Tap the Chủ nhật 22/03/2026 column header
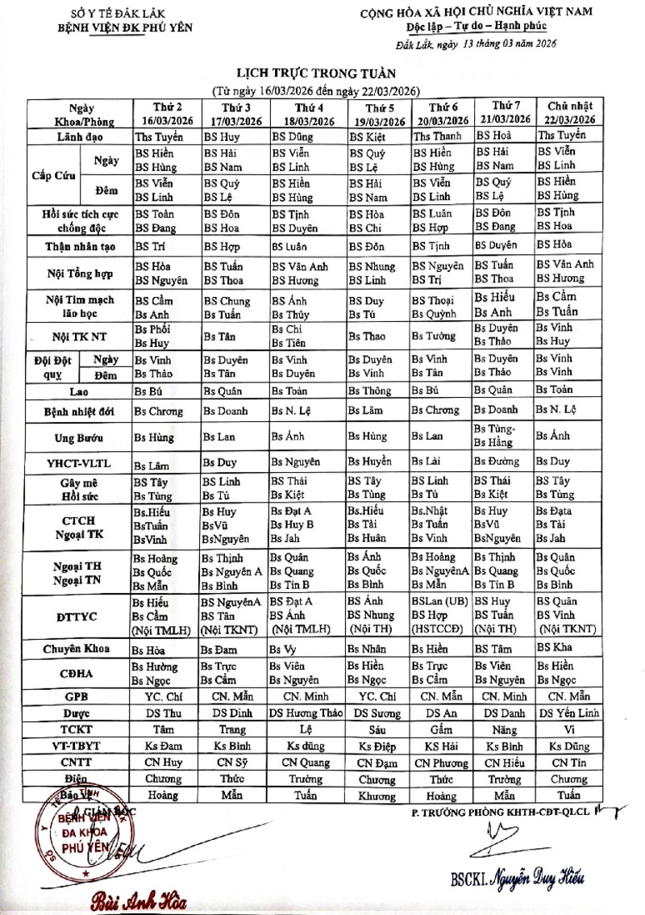point(568,114)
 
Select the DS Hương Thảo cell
point(309,712)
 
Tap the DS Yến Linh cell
point(569,712)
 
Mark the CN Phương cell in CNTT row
point(441,762)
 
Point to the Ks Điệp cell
point(377,746)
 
